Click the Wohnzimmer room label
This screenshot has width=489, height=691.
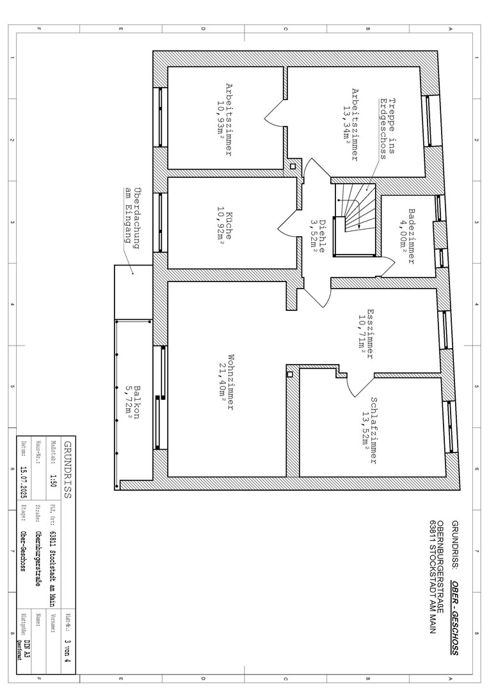pos(230,381)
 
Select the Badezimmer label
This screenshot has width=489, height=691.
pos(412,236)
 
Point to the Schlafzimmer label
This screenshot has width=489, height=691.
pos(374,431)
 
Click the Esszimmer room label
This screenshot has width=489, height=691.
pos(371,333)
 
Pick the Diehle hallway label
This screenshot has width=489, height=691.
pos(323,235)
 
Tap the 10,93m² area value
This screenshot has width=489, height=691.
pos(220,120)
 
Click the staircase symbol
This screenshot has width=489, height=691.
pos(355,219)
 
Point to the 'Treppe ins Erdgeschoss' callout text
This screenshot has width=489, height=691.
pos(387,128)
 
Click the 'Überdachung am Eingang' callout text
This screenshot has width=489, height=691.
pos(132,219)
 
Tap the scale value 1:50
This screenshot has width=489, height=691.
pos(53,480)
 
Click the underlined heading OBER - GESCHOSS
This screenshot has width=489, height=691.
pos(454,618)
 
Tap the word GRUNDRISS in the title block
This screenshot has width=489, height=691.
pos(67,470)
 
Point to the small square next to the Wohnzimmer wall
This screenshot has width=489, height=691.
pos(290,374)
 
